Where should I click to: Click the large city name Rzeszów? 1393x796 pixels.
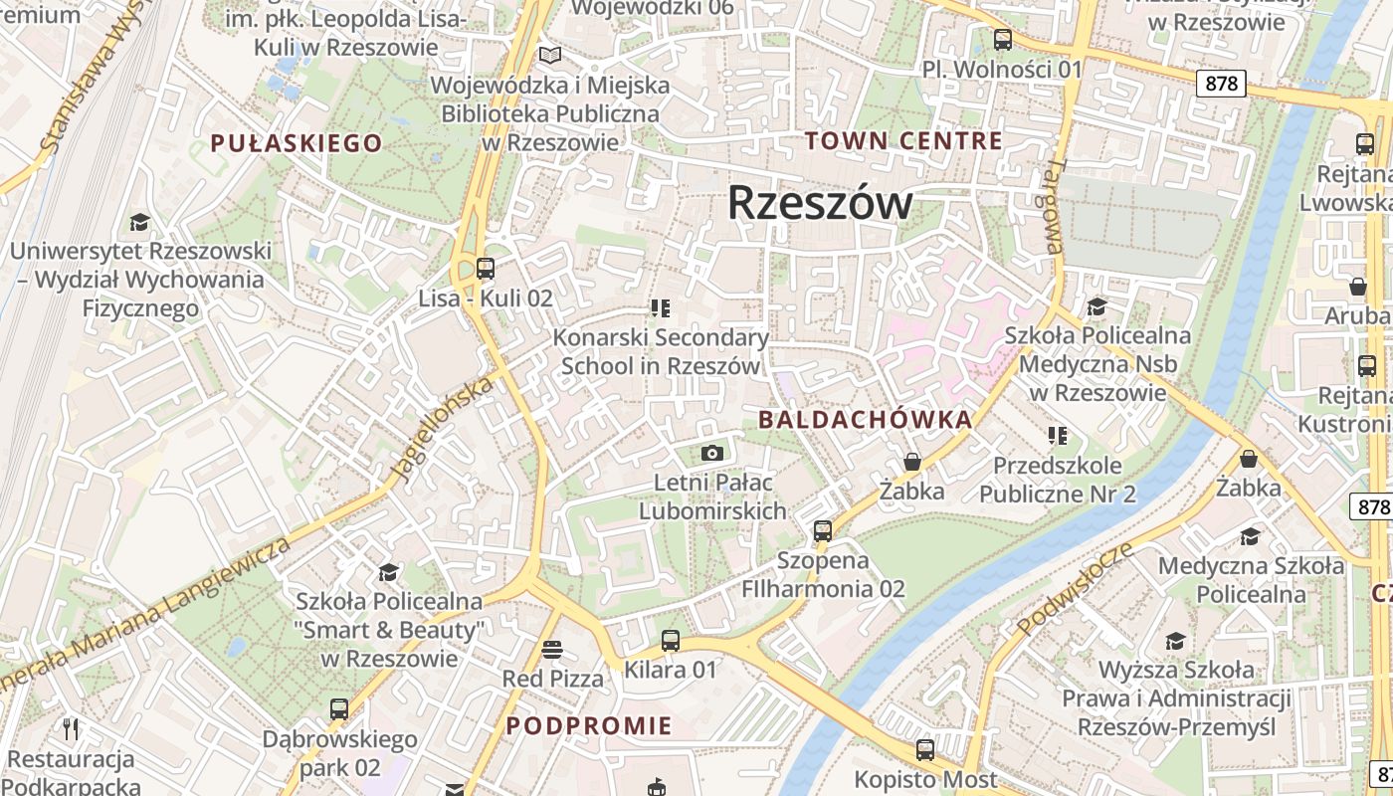click(820, 203)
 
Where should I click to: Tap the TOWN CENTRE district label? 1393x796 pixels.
click(903, 141)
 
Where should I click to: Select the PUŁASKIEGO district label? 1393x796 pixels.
click(297, 143)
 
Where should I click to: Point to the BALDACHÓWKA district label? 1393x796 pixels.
click(866, 420)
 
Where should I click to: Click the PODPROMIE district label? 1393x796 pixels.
click(589, 725)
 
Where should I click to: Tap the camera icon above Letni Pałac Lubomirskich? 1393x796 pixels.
click(711, 454)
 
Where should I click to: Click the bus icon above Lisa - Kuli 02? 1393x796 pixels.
click(486, 268)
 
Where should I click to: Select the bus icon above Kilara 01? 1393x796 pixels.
click(671, 641)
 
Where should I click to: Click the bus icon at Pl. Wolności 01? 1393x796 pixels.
click(1003, 41)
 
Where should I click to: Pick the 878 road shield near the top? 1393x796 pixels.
click(1221, 84)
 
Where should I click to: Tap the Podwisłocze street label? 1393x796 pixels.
click(1075, 589)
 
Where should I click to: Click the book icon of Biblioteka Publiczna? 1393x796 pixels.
click(549, 56)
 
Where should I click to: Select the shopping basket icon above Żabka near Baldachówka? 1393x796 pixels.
click(911, 463)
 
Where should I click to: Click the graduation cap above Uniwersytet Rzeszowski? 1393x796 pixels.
click(139, 222)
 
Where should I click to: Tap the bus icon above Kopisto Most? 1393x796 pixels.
click(925, 750)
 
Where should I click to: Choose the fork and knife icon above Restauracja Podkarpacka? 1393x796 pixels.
click(71, 729)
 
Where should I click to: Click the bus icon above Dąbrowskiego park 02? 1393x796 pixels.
click(339, 709)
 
